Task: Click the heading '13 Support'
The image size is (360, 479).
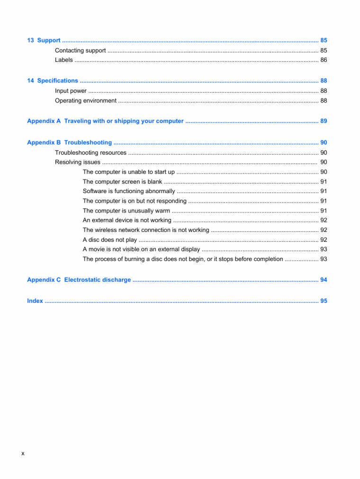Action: point(44,41)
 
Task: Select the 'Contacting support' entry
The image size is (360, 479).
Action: point(80,51)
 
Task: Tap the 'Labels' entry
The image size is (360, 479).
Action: point(64,60)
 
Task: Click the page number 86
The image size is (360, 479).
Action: point(324,60)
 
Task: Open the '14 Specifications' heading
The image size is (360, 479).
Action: point(53,81)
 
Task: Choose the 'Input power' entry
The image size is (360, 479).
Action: point(71,91)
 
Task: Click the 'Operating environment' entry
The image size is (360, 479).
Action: point(86,101)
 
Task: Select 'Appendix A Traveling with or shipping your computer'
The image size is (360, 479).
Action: point(105,121)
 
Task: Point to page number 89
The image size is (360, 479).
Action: point(324,121)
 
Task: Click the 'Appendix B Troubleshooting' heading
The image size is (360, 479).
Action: point(70,142)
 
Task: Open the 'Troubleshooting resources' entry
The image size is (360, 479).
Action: point(90,153)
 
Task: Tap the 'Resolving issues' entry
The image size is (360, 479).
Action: point(78,162)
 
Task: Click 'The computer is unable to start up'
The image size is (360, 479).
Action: point(128,172)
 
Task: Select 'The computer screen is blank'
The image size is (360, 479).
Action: point(122,182)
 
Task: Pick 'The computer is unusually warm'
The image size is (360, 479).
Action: point(126,211)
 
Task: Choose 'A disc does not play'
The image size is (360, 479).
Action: point(110,240)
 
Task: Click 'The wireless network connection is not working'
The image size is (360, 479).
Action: point(146,230)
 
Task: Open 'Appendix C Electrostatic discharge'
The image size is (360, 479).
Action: point(79,280)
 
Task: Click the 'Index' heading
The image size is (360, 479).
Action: point(35,301)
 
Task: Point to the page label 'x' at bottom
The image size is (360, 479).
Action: point(23,454)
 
